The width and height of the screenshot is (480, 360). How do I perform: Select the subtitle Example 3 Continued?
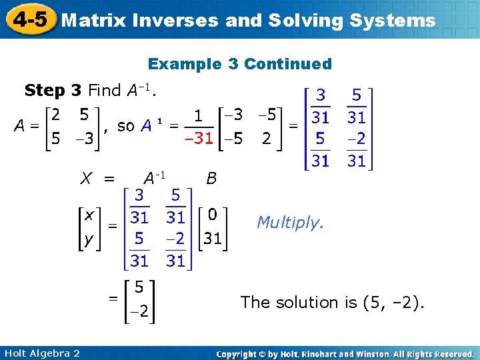point(239,64)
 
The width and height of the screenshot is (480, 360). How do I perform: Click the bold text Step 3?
point(53,90)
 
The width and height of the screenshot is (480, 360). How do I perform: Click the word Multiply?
point(290,222)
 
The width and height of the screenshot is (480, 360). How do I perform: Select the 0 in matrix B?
point(212,215)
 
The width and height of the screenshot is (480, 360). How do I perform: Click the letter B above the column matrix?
point(211,178)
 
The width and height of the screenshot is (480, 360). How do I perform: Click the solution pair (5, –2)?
point(393,303)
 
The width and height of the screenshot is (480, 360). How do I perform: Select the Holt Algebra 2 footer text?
point(41,353)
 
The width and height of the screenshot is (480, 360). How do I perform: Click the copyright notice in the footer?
point(345,353)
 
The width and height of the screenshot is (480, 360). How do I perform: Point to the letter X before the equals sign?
point(86,178)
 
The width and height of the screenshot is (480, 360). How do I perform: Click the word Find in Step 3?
point(103,90)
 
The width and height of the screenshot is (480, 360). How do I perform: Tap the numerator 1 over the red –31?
point(199,117)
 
